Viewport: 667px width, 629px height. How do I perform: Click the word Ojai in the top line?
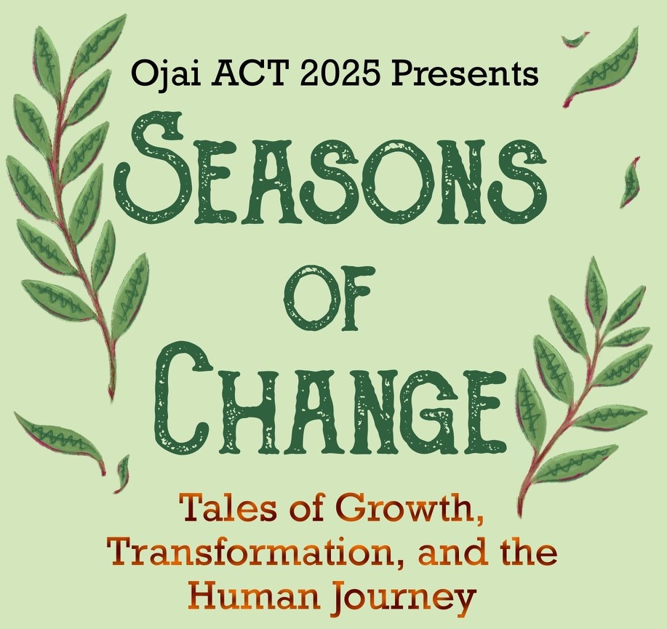160,73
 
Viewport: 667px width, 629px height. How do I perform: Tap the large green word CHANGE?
331,399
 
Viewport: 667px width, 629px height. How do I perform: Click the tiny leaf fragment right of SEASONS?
631,180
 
